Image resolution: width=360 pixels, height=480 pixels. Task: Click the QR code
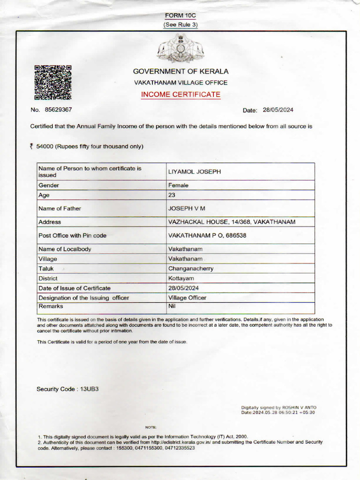pyautogui.click(x=52, y=82)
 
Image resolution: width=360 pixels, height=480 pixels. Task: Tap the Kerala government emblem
pyautogui.click(x=180, y=48)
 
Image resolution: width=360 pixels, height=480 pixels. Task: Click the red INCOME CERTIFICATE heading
pyautogui.click(x=180, y=95)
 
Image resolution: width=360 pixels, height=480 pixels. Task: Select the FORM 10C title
pyautogui.click(x=180, y=15)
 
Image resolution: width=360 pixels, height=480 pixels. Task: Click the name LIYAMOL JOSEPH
pyautogui.click(x=194, y=172)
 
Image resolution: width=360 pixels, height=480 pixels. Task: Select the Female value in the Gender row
pyautogui.click(x=178, y=185)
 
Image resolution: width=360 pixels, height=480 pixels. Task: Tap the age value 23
pyautogui.click(x=172, y=195)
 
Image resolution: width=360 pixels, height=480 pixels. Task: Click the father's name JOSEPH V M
pyautogui.click(x=187, y=208)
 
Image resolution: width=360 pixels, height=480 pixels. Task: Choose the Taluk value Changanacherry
pyautogui.click(x=191, y=269)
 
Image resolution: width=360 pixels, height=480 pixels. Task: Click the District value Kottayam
pyautogui.click(x=181, y=278)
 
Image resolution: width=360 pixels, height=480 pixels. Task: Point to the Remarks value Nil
pyautogui.click(x=172, y=305)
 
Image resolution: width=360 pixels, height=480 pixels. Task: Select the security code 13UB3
pyautogui.click(x=89, y=389)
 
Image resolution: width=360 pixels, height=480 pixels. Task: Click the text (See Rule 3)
pyautogui.click(x=180, y=24)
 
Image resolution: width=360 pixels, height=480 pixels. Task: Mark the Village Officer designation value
pyautogui.click(x=187, y=298)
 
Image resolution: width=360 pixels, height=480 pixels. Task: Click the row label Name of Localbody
pyautogui.click(x=65, y=249)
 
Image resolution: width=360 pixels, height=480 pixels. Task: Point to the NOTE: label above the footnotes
pyautogui.click(x=150, y=427)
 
